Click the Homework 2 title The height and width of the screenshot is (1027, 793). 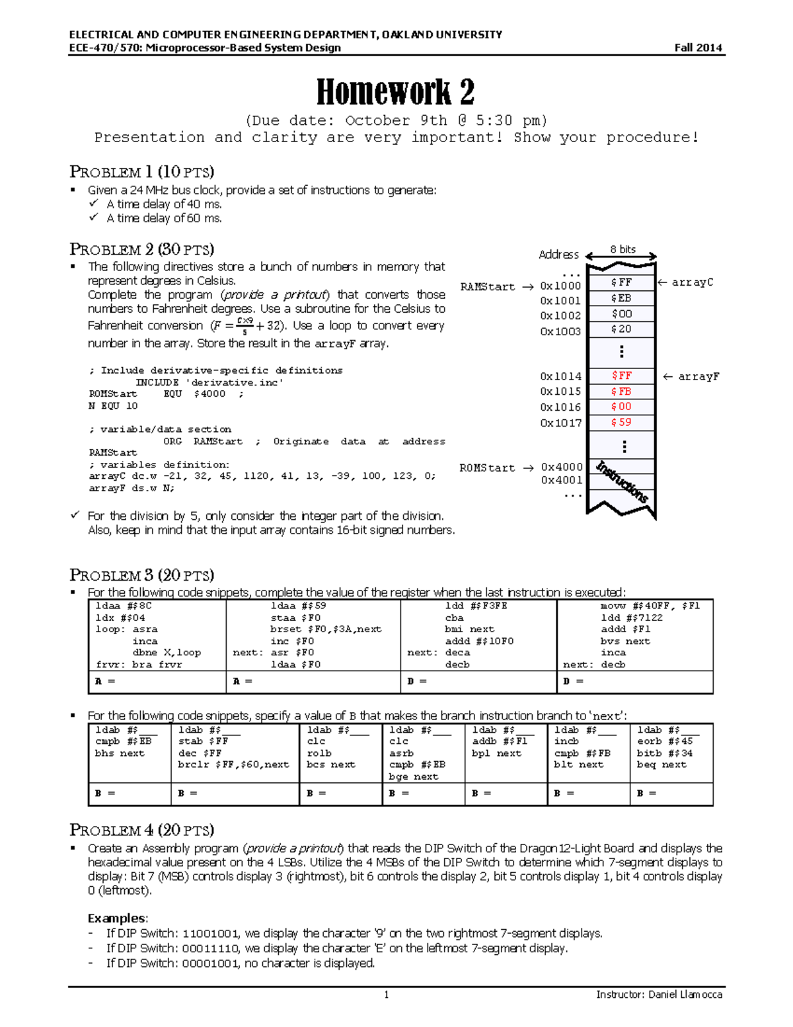[x=395, y=92]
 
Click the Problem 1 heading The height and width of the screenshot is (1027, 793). [x=141, y=172]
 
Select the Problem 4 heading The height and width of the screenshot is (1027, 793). [x=141, y=830]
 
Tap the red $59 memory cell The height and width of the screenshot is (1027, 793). [x=621, y=422]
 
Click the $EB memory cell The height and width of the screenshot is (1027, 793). [x=621, y=298]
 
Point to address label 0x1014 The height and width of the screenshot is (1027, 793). [x=560, y=376]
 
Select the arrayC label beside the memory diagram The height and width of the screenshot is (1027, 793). [x=692, y=282]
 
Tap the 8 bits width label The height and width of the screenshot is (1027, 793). [x=623, y=249]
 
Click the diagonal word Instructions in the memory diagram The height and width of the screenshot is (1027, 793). [x=622, y=481]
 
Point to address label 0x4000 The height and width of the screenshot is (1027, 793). [x=562, y=467]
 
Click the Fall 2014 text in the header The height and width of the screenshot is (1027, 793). [x=698, y=48]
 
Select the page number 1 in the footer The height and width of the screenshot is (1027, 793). [x=387, y=995]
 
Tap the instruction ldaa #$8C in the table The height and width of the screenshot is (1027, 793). [x=124, y=606]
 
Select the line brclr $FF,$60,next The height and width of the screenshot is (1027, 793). [x=233, y=764]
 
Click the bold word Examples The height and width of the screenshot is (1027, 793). [x=117, y=918]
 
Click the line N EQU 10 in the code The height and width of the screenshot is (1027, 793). [x=113, y=406]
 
